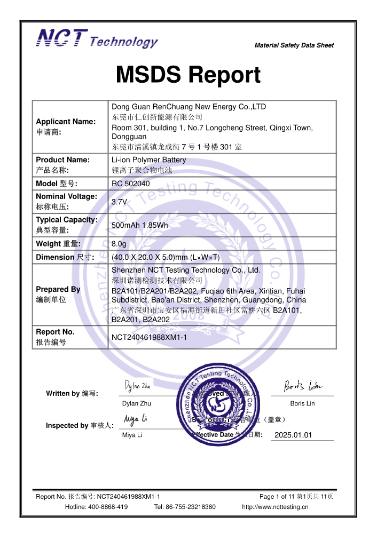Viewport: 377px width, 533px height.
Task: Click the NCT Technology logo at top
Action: [97, 38]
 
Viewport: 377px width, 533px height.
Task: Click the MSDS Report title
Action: [188, 75]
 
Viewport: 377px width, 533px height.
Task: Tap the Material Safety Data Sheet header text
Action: [294, 45]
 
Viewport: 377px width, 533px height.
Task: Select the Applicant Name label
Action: [66, 122]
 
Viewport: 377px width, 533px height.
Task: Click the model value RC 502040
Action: [131, 184]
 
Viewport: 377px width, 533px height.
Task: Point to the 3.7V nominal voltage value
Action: [119, 202]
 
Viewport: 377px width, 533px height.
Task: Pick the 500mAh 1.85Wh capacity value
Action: [139, 225]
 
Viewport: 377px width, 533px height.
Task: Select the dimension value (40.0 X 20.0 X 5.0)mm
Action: [166, 257]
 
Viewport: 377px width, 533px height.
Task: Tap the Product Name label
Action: [62, 160]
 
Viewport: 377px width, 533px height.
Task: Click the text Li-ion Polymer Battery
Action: [148, 160]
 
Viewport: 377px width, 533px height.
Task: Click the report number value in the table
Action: [149, 337]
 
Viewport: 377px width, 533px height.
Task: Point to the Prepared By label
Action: [58, 289]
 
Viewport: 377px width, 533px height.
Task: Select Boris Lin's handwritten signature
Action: [302, 385]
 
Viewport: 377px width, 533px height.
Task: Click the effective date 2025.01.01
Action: [293, 435]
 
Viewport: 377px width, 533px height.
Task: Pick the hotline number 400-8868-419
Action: [109, 507]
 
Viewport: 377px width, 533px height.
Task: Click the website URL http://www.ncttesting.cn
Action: [275, 507]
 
